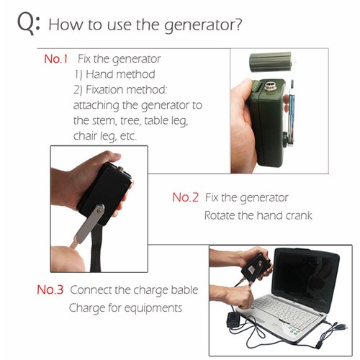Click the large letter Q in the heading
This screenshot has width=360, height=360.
(x=26, y=24)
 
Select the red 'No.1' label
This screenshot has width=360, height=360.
(x=56, y=59)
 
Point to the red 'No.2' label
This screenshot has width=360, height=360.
(x=185, y=197)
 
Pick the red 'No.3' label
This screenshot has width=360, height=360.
(x=50, y=289)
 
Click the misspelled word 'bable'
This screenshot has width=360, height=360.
(x=184, y=289)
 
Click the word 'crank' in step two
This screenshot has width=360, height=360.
(x=299, y=215)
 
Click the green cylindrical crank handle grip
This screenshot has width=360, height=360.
(x=270, y=62)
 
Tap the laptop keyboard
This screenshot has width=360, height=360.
(x=287, y=312)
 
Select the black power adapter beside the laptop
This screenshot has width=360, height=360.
(x=234, y=320)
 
